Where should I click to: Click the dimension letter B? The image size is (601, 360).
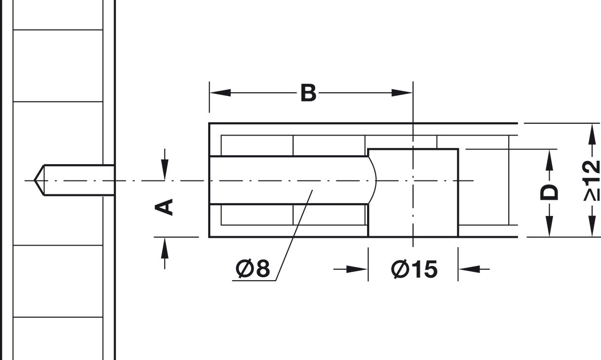pyautogui.click(x=308, y=93)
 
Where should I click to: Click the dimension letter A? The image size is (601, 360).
pyautogui.click(x=164, y=207)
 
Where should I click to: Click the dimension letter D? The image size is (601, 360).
pyautogui.click(x=549, y=192)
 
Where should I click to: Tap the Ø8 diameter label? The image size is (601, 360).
pyautogui.click(x=253, y=268)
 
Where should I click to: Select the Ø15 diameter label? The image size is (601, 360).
pyautogui.click(x=414, y=269)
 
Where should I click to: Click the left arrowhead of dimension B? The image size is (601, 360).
pyautogui.click(x=220, y=93)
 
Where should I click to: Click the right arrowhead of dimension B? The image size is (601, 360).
pyautogui.click(x=402, y=93)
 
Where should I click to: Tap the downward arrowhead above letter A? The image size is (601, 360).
pyautogui.click(x=165, y=170)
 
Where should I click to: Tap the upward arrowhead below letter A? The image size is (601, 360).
pyautogui.click(x=165, y=248)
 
